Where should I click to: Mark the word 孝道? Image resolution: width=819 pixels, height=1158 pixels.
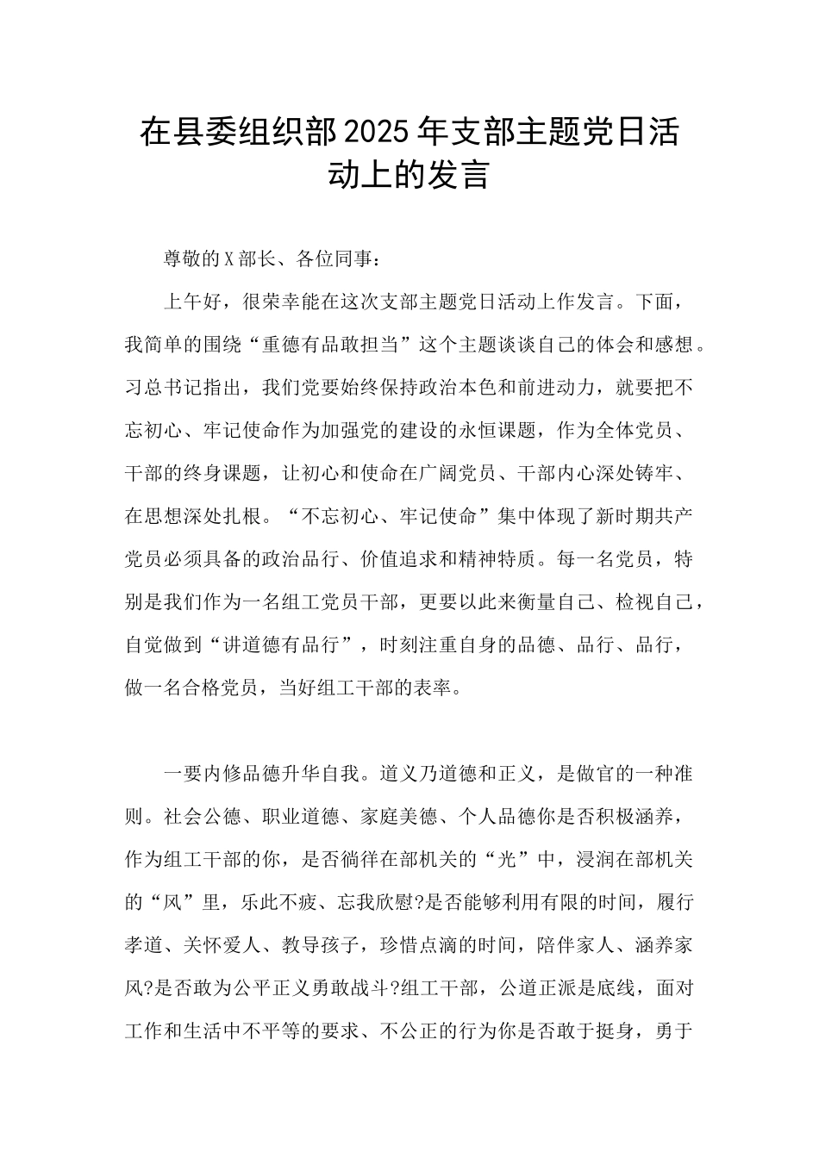(x=145, y=946)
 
